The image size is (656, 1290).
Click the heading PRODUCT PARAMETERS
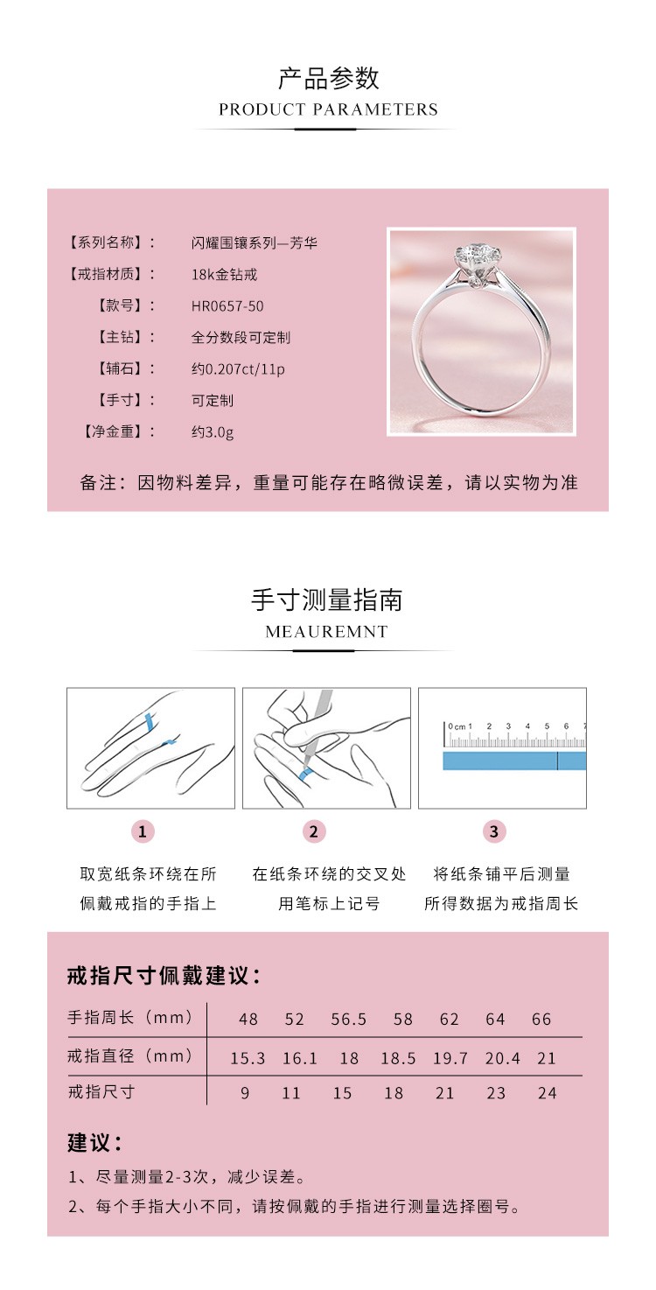328,109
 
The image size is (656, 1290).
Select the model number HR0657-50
227,306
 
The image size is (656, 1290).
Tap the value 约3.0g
213,431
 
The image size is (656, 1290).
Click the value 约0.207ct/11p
238,368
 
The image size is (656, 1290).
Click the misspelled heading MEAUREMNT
326,632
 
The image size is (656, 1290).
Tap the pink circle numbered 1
143,831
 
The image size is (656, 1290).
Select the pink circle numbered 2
314,831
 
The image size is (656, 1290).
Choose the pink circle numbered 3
494,831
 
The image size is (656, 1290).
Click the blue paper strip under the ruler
513,761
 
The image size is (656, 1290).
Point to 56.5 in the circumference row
349,1020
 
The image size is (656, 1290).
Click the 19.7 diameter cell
450,1059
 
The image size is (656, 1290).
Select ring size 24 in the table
547,1093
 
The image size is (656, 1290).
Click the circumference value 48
248,1020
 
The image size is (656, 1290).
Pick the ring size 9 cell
245,1093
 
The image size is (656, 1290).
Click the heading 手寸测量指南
326,600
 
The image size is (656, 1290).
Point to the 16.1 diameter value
299,1059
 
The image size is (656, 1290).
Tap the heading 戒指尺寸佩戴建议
164,976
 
